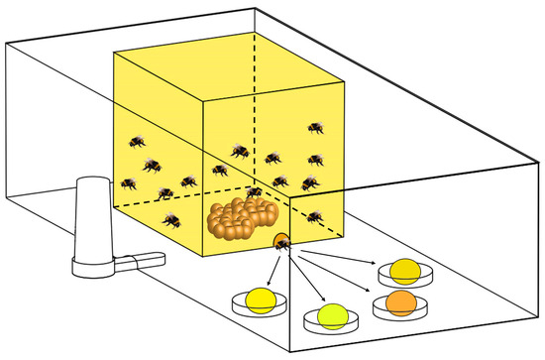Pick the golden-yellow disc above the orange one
(405, 269)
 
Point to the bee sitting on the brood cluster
(255, 190)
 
